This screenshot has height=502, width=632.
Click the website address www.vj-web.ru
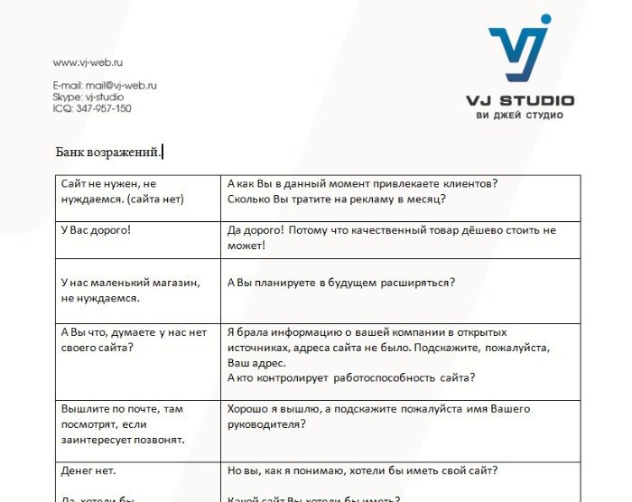click(88, 62)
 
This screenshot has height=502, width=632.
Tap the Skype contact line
click(88, 97)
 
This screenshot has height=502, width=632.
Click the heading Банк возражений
click(107, 152)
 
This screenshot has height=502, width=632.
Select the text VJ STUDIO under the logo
click(519, 100)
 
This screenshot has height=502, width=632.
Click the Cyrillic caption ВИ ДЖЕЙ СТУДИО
click(519, 116)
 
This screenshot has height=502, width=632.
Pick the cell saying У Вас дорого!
click(96, 230)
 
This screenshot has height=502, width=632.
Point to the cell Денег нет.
click(88, 470)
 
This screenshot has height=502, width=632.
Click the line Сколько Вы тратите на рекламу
click(337, 200)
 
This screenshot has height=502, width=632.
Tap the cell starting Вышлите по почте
click(122, 424)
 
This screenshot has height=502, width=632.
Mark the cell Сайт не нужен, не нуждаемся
click(115, 191)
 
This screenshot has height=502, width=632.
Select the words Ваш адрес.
click(256, 362)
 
